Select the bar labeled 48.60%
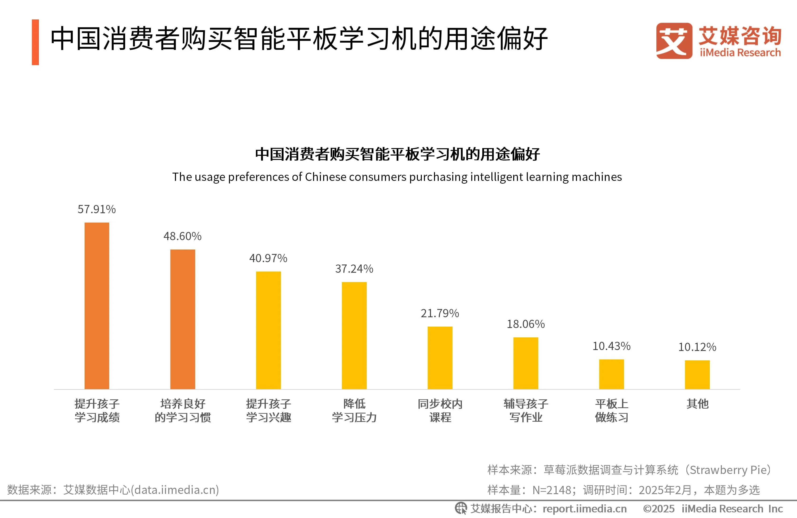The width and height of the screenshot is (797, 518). (x=183, y=319)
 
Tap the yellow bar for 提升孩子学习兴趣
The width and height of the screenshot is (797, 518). (x=268, y=330)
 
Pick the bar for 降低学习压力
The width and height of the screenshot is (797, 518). (x=354, y=335)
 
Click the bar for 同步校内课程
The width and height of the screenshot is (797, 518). (x=440, y=357)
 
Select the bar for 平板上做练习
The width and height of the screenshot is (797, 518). (x=611, y=374)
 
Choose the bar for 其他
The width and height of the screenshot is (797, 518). (x=697, y=374)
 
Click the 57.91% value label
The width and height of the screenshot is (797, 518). (x=97, y=209)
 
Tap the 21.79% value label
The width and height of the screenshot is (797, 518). (x=440, y=313)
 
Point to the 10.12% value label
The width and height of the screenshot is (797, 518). (x=697, y=347)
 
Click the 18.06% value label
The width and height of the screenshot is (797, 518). (x=525, y=324)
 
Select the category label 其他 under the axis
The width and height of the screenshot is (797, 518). (x=697, y=404)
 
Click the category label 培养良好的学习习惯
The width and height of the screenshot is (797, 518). (x=183, y=410)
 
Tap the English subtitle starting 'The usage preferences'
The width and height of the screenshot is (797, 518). (x=397, y=177)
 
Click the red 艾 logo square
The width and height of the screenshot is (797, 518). (x=674, y=41)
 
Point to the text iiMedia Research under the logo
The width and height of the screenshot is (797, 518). (x=740, y=52)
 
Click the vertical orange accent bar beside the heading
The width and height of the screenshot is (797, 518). (x=35, y=42)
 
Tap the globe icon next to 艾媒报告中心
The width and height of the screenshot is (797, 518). (x=461, y=508)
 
